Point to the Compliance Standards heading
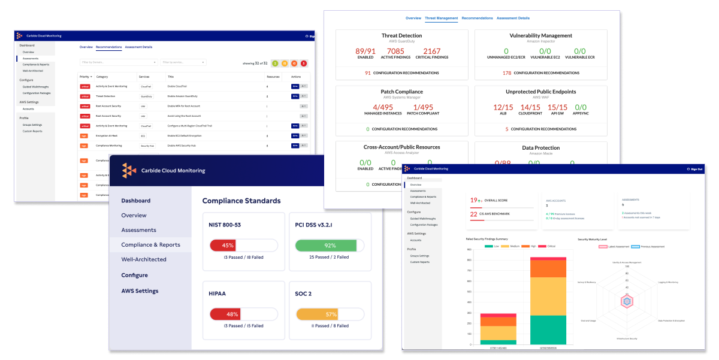[x=241, y=201]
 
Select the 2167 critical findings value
[x=431, y=52]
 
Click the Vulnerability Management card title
[x=540, y=35]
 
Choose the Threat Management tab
[x=441, y=18]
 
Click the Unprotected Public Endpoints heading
[x=540, y=92]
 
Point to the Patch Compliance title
[x=401, y=92]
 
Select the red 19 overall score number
[x=473, y=200]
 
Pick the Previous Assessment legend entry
[x=649, y=246]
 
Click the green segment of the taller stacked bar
[x=548, y=329]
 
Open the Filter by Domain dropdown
[x=119, y=62]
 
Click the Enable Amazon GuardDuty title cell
[x=182, y=96]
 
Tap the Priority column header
[x=85, y=77]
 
